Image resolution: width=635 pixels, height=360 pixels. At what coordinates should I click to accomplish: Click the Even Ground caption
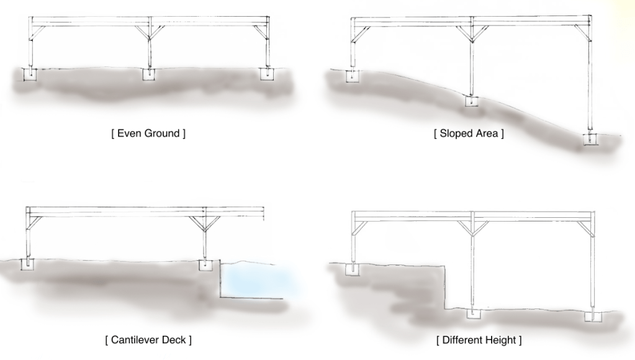point(148,133)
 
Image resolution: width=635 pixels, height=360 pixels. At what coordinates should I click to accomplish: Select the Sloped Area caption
point(469,133)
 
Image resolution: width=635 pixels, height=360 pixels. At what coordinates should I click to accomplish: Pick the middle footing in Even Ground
point(149,74)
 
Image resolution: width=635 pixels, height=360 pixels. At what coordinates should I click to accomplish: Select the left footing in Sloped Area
point(352,76)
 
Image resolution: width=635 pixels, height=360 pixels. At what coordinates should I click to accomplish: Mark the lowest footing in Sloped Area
point(588,139)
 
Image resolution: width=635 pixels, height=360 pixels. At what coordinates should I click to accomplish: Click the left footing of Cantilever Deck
point(29,264)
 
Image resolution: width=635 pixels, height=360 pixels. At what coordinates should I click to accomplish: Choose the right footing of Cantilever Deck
point(205,265)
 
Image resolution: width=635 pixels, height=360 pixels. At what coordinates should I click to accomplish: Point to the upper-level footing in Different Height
point(353,269)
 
